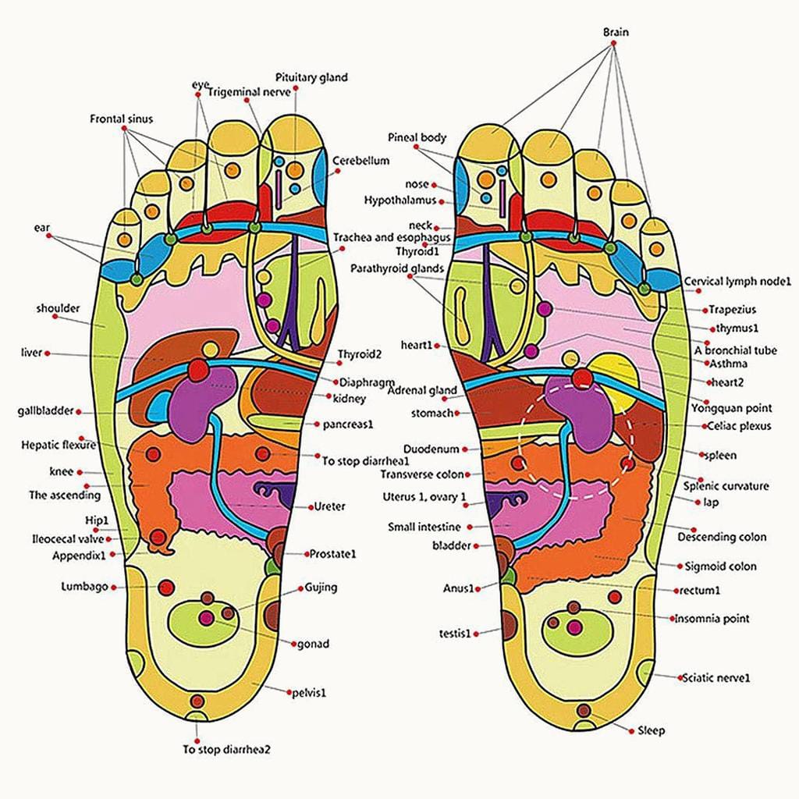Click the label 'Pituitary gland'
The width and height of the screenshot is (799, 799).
tap(311, 77)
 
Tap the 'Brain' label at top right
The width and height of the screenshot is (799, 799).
tap(615, 32)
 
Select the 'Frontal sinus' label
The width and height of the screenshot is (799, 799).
tap(121, 119)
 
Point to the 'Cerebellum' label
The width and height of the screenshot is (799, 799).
tap(360, 160)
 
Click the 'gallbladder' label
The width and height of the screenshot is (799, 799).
tap(45, 411)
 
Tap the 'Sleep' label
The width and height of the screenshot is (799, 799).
tap(651, 731)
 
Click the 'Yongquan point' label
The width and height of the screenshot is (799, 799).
tap(731, 407)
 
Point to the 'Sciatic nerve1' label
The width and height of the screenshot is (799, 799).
tap(716, 677)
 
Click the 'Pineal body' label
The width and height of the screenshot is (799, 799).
tap(417, 137)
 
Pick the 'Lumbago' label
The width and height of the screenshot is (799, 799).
tap(84, 587)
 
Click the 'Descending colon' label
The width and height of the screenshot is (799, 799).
tap(722, 537)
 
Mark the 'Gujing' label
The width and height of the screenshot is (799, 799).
tap(321, 588)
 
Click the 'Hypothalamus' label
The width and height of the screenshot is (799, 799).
tap(400, 201)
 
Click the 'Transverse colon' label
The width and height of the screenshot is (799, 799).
tap(422, 474)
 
